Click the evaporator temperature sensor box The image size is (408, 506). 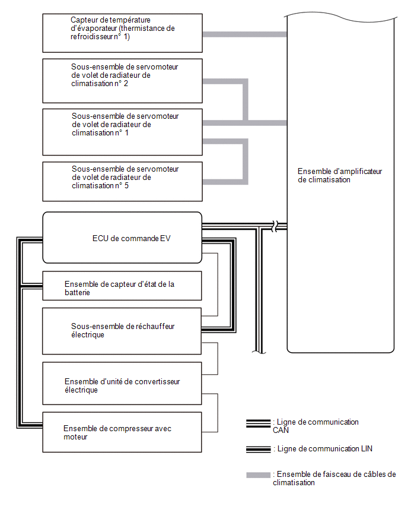(123, 33)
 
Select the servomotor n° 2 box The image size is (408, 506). (123, 81)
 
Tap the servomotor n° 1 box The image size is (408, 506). (123, 132)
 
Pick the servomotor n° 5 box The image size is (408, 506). (123, 181)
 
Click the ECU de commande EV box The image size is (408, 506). (123, 238)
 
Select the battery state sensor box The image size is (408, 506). (122, 286)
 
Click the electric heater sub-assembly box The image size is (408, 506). (122, 331)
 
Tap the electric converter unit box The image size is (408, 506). (122, 384)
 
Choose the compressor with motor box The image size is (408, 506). (122, 432)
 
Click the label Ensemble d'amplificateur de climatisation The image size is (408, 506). (340, 176)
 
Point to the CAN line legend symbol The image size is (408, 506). (258, 423)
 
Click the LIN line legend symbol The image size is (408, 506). (258, 449)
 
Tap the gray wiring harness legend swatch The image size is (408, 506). (258, 475)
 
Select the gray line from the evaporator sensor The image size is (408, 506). (244, 34)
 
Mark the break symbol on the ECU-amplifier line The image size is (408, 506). (275, 226)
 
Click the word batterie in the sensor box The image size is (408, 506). (77, 293)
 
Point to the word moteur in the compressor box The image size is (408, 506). (75, 437)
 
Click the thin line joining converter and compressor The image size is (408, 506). (218, 413)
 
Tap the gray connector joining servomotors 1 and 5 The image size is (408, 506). (246, 162)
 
